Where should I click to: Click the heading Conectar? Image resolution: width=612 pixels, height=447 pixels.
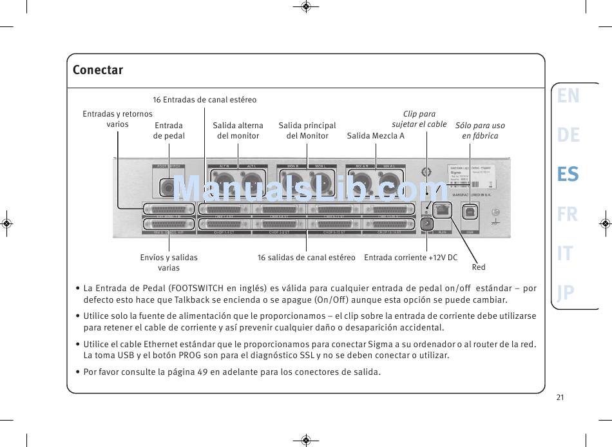(98, 70)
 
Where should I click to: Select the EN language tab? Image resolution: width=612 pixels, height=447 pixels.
(568, 96)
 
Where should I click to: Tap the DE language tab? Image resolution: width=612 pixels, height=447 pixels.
(568, 135)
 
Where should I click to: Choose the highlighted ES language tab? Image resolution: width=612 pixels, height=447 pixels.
(568, 175)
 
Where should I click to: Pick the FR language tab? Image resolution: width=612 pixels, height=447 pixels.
(568, 214)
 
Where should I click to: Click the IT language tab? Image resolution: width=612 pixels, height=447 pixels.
(564, 254)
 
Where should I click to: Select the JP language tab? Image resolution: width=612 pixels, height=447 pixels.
(566, 293)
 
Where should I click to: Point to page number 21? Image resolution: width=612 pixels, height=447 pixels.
(560, 397)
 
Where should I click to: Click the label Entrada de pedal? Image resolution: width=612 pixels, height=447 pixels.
(169, 130)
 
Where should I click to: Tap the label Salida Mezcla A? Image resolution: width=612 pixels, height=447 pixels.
(376, 135)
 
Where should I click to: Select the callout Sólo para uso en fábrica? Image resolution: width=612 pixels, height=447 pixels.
(480, 130)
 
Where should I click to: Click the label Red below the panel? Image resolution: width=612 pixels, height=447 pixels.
(479, 267)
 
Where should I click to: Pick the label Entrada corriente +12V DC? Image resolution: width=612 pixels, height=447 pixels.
(411, 258)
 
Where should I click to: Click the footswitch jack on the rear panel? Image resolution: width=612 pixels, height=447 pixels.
(169, 187)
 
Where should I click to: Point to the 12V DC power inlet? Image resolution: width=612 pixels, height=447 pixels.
(426, 223)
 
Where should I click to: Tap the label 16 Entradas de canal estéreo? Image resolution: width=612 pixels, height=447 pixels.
(204, 100)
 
